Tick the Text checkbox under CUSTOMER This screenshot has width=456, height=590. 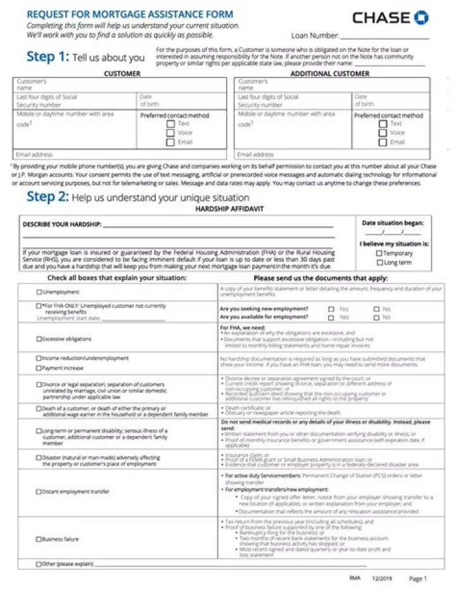[170, 124]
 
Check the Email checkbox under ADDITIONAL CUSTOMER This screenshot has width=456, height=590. [383, 142]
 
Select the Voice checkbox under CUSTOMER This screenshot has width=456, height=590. [170, 133]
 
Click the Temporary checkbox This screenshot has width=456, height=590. [379, 253]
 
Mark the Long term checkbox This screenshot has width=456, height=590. [379, 262]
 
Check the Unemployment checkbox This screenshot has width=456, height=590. [39, 292]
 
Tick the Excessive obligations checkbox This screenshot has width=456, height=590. [39, 339]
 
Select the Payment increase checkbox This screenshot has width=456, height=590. [39, 368]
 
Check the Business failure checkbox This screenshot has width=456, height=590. [39, 539]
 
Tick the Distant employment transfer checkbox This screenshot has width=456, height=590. [39, 492]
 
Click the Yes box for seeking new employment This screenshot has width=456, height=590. [331, 309]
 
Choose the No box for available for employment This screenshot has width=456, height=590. [377, 317]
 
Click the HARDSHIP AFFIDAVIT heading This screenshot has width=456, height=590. [229, 208]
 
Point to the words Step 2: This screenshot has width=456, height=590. [47, 196]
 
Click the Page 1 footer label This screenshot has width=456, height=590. [418, 579]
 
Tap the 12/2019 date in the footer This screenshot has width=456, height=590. [382, 579]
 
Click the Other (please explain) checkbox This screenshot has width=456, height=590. [39, 564]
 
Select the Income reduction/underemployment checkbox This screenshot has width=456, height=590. [39, 358]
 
